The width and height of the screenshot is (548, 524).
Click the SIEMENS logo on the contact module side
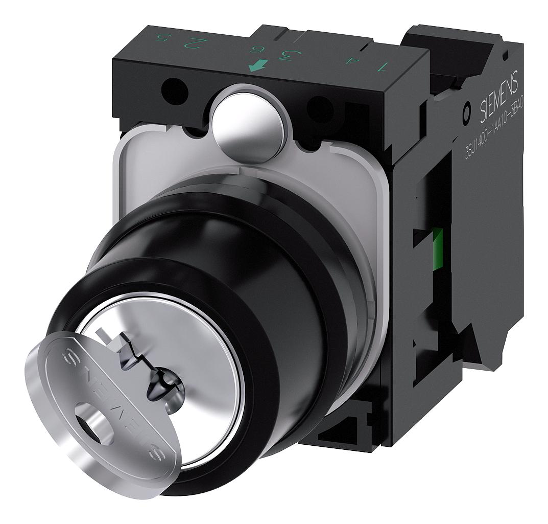[499, 98]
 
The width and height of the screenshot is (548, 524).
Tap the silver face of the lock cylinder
[204, 358]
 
